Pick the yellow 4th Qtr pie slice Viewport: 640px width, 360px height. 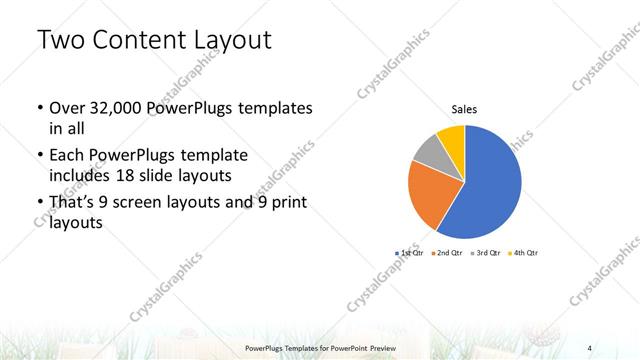pyautogui.click(x=452, y=137)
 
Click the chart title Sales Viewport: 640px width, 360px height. pyautogui.click(x=464, y=109)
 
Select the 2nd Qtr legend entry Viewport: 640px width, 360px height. pyautogui.click(x=446, y=253)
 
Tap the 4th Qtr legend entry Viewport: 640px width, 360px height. pyautogui.click(x=522, y=253)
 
